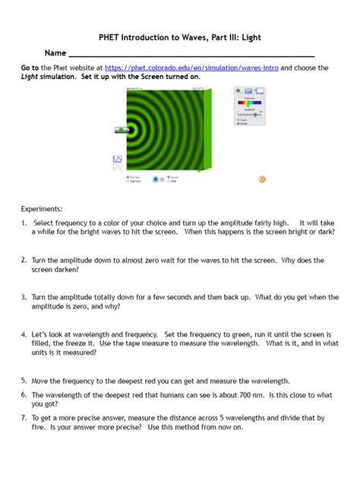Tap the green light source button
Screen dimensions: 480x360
(120, 130)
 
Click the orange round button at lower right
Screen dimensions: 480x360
(262, 179)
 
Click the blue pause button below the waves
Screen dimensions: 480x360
(154, 179)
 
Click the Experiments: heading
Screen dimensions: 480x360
(43, 208)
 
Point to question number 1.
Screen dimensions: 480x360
(24, 223)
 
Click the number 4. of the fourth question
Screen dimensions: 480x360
(24, 333)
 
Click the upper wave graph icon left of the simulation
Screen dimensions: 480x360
(118, 159)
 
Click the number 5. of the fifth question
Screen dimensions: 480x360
(24, 380)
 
